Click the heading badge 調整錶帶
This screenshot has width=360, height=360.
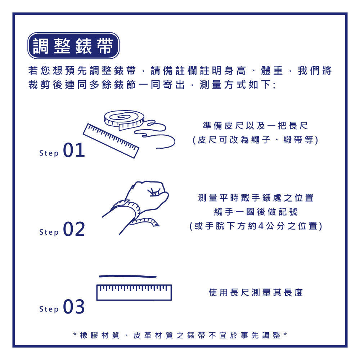click(x=73, y=46)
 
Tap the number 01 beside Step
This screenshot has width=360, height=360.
click(x=74, y=150)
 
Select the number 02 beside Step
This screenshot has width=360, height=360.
click(x=74, y=229)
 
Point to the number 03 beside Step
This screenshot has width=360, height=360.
click(x=74, y=307)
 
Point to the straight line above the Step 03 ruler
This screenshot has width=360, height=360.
click(x=127, y=276)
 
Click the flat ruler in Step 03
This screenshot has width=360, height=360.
click(x=134, y=292)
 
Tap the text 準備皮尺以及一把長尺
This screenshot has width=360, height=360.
click(x=256, y=126)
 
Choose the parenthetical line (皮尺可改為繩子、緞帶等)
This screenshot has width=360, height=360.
click(x=256, y=140)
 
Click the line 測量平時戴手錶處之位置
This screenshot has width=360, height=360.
click(x=256, y=198)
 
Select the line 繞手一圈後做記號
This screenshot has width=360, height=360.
click(x=256, y=212)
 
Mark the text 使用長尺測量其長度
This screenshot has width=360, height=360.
click(x=256, y=292)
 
